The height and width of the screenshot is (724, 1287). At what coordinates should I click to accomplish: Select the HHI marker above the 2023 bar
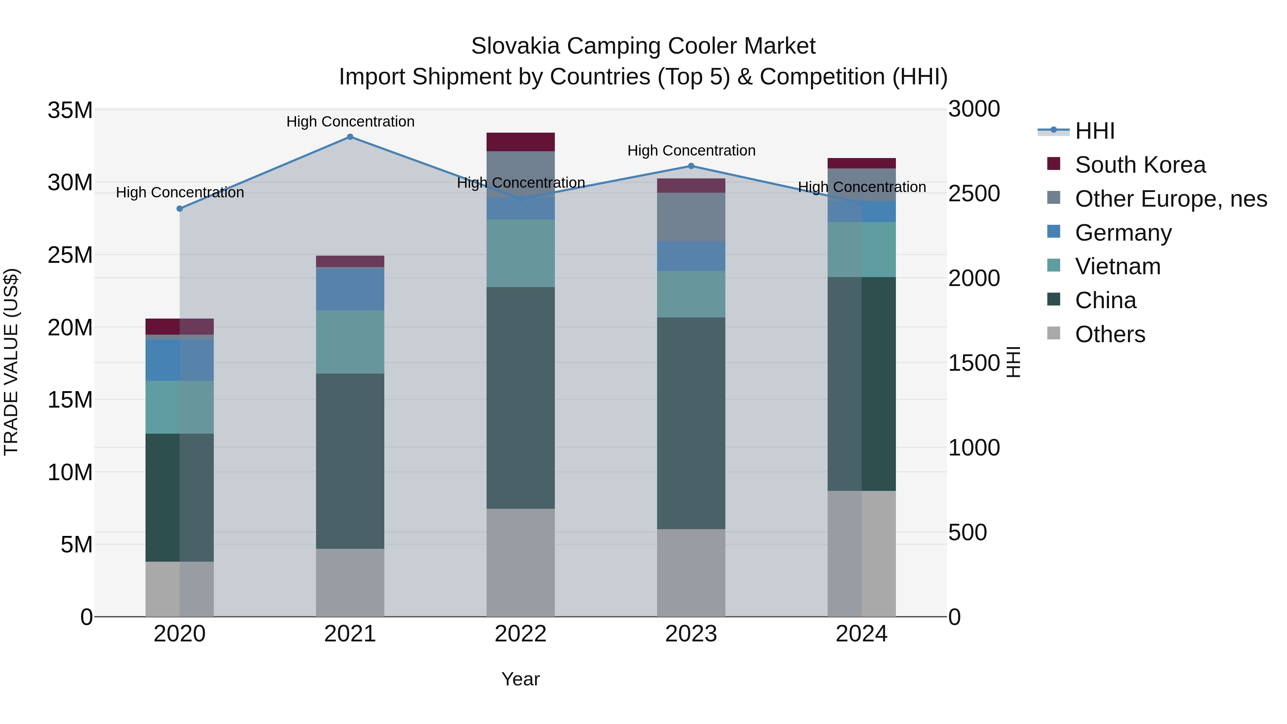coord(691,166)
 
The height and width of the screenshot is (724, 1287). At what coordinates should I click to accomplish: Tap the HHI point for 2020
coord(180,209)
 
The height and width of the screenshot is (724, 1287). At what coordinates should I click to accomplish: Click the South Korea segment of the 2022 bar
coord(520,142)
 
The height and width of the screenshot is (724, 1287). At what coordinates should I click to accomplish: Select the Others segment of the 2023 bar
coord(691,573)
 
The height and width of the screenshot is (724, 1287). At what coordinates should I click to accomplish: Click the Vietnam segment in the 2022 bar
coord(520,253)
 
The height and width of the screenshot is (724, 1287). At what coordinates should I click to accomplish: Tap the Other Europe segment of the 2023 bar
coord(691,217)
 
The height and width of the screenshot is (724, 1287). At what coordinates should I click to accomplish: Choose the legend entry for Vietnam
coord(1118,266)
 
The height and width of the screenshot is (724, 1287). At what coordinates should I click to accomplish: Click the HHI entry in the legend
coord(1094,131)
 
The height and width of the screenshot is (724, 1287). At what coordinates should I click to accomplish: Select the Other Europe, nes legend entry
coord(1170,199)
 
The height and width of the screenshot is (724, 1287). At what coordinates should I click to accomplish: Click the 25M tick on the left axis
coord(70,255)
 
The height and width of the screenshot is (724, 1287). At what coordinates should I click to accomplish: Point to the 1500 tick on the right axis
coord(974,363)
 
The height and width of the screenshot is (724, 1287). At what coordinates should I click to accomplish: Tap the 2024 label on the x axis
coord(861,634)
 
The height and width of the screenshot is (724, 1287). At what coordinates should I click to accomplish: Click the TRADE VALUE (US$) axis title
coord(11,362)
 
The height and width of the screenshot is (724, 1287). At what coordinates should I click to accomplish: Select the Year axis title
coord(520,679)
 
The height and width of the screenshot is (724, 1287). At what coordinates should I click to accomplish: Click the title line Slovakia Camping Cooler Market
coord(643,46)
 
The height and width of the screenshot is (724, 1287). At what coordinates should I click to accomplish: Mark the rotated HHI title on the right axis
coord(1013,362)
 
